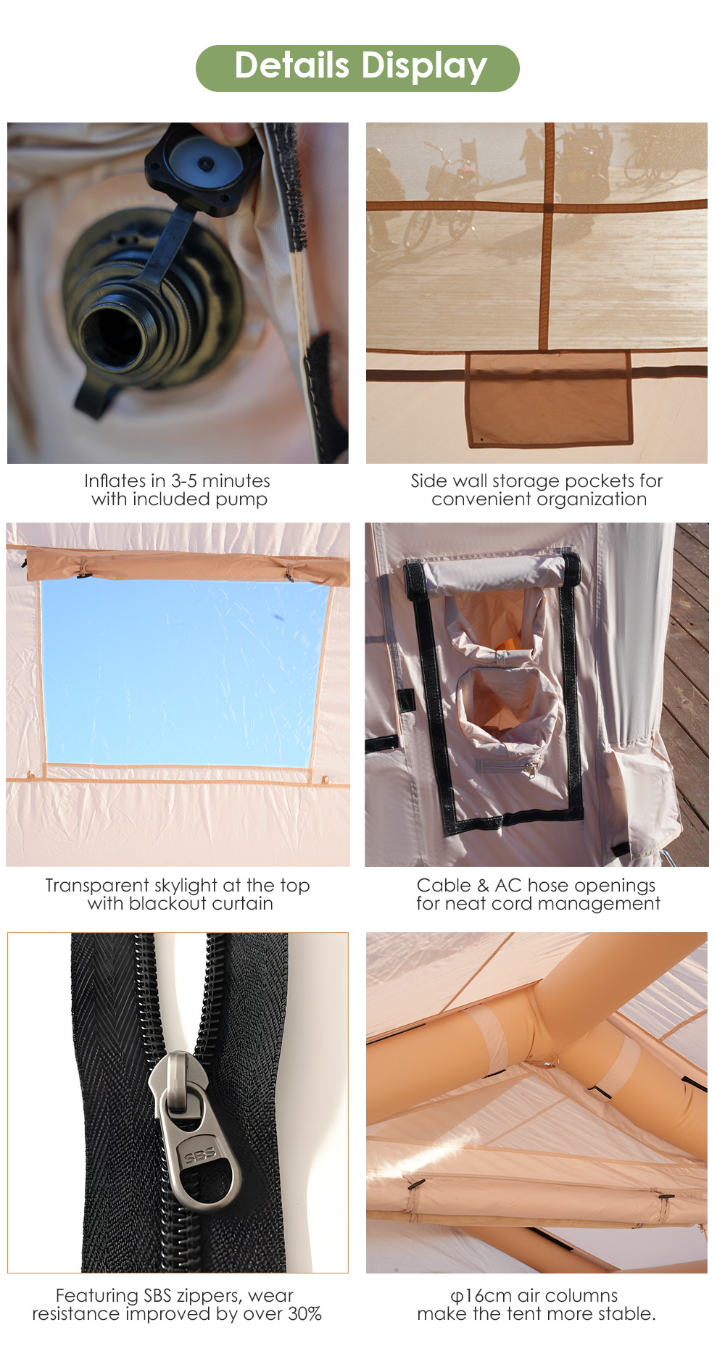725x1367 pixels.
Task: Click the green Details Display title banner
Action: [357, 68]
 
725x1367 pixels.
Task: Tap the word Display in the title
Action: [423, 67]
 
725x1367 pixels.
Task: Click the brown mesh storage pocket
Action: [548, 399]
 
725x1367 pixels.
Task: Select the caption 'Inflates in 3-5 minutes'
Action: [177, 481]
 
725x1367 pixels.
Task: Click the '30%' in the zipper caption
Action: [304, 1313]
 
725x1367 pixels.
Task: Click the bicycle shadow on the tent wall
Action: [442, 196]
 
